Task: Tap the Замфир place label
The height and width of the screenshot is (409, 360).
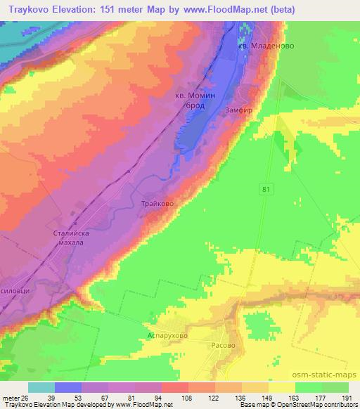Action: [240, 110]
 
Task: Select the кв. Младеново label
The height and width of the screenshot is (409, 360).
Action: [265, 46]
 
